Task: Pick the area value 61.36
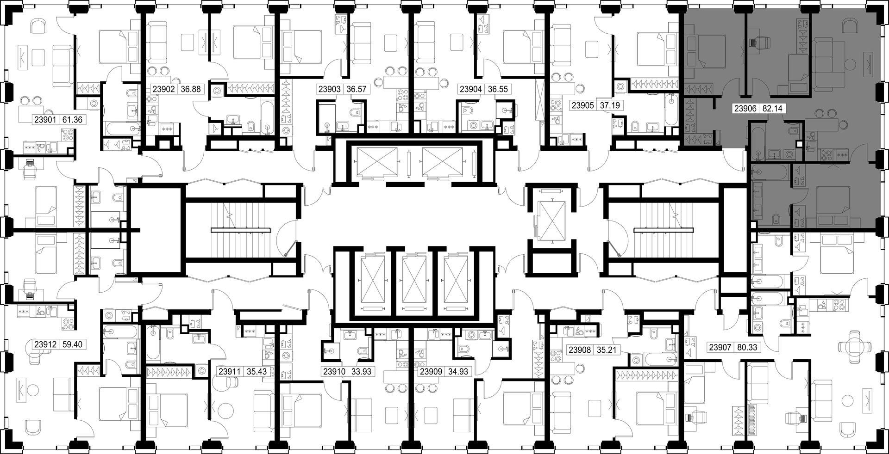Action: tap(72, 120)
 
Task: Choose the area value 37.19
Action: tap(610, 105)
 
